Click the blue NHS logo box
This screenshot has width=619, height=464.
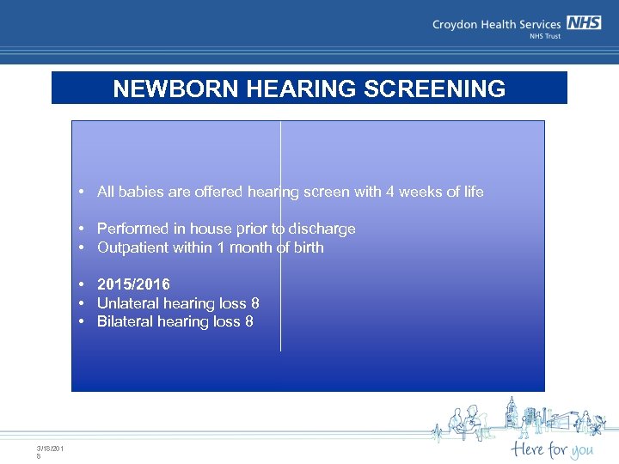coord(584,23)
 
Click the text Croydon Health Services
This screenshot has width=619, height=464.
coord(496,25)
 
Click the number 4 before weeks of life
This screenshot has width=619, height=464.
coord(389,192)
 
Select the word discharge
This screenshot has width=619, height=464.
coord(322,229)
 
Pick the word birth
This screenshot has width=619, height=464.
coord(308,247)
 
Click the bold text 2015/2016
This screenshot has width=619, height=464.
coord(133,284)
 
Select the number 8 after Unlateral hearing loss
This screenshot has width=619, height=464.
coord(255,303)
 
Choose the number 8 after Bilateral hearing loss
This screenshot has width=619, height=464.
coord(249,321)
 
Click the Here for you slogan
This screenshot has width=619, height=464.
coord(551,449)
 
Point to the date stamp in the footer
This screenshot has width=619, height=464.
coord(50,451)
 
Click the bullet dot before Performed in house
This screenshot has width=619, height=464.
coord(79,229)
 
